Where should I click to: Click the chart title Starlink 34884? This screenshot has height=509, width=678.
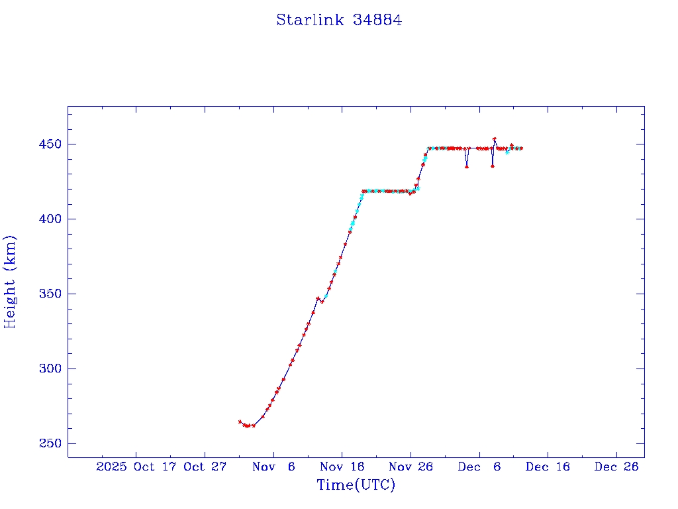[x=339, y=20]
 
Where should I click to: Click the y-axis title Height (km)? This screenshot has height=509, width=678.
[x=10, y=282]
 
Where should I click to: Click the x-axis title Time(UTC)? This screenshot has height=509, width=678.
[x=356, y=485]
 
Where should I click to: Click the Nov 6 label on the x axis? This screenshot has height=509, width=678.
[x=273, y=467]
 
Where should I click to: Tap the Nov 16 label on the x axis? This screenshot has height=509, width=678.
[x=342, y=467]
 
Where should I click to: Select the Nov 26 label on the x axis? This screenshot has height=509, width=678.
[x=411, y=467]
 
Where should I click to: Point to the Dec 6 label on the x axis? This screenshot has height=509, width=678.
[x=479, y=467]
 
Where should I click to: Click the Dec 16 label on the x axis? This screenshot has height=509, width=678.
[x=548, y=467]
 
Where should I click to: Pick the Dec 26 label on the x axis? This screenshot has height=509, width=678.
[x=616, y=467]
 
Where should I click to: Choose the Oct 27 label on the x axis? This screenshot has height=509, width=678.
[x=205, y=467]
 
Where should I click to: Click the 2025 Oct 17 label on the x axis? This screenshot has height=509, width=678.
[x=136, y=467]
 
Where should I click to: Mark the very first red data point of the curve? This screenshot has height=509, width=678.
[x=240, y=422]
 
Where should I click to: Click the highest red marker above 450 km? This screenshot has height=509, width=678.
[x=495, y=139]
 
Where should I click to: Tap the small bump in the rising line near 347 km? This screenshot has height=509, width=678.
[x=318, y=299]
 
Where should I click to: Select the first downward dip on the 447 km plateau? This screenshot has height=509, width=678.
[x=467, y=166]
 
